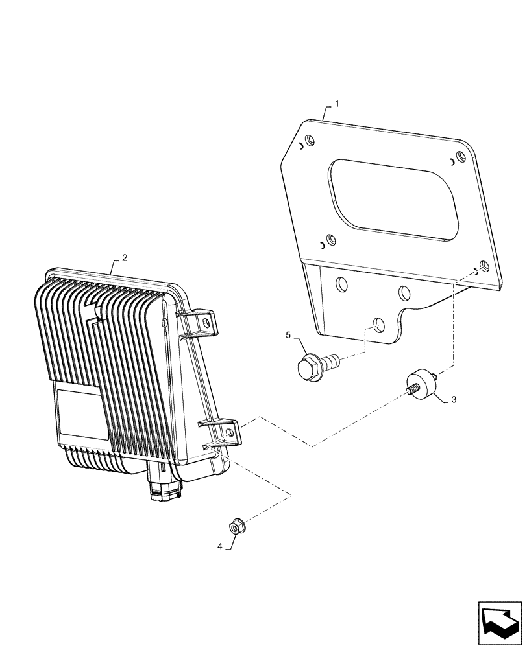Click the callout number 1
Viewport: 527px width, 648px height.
click(x=336, y=104)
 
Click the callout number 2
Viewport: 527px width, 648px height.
click(x=125, y=257)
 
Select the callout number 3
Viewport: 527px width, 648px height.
click(x=454, y=400)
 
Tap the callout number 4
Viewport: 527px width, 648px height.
click(x=220, y=546)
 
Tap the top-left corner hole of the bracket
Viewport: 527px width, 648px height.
click(x=309, y=140)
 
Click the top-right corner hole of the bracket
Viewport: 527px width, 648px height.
click(x=460, y=156)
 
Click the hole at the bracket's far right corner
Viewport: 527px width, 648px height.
click(x=484, y=267)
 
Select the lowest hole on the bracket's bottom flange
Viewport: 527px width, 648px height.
click(x=378, y=323)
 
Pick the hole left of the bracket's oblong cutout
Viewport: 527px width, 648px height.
click(x=331, y=240)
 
